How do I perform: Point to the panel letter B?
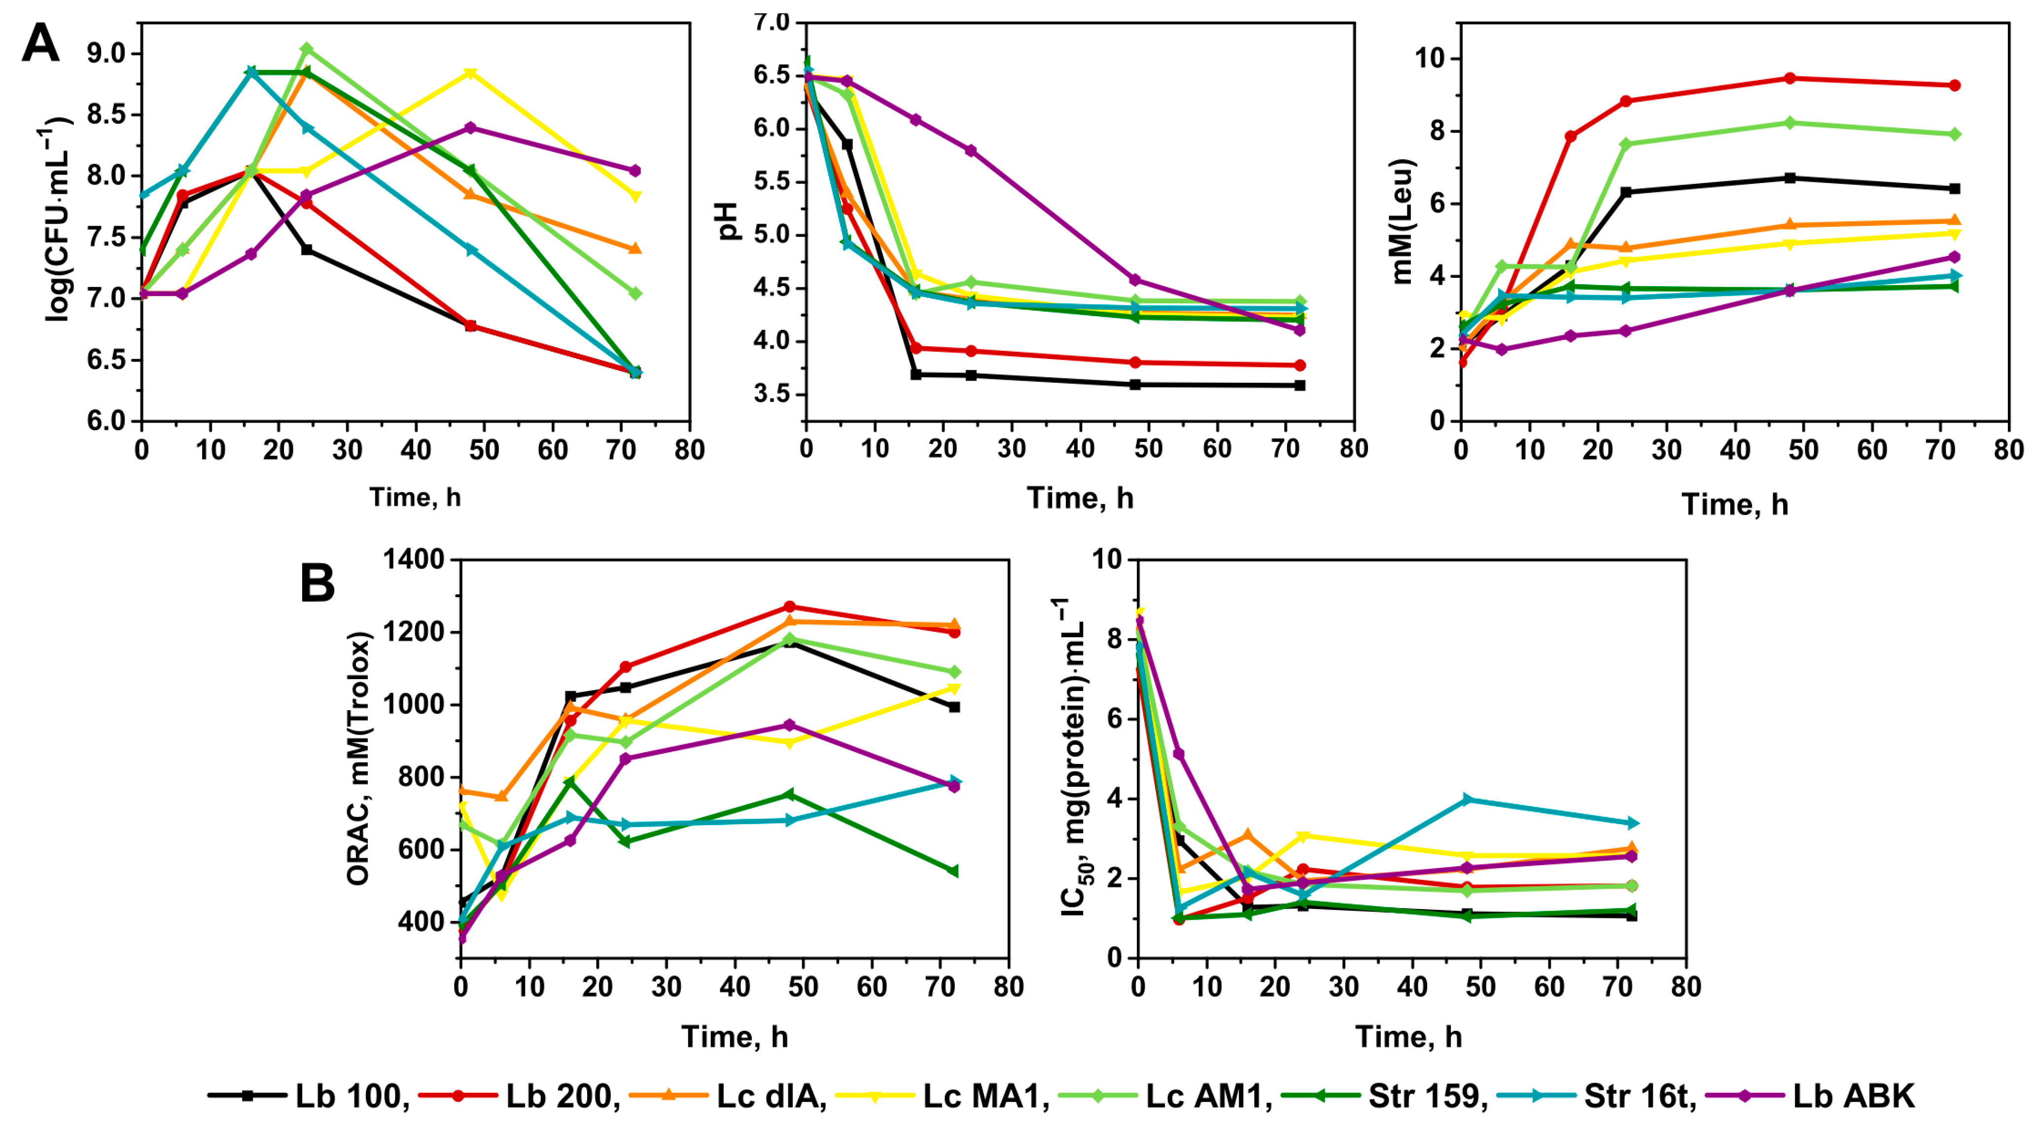tap(317, 584)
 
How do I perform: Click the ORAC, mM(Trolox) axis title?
tap(358, 758)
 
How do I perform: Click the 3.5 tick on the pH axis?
tap(772, 395)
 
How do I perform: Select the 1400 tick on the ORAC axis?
tap(414, 560)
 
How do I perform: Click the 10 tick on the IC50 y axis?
tap(1107, 560)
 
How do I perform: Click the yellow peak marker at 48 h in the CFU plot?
tap(471, 73)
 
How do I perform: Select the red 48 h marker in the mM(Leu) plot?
tap(1790, 78)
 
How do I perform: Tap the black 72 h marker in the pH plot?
tap(1300, 385)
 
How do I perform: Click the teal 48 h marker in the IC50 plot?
tap(1467, 800)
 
